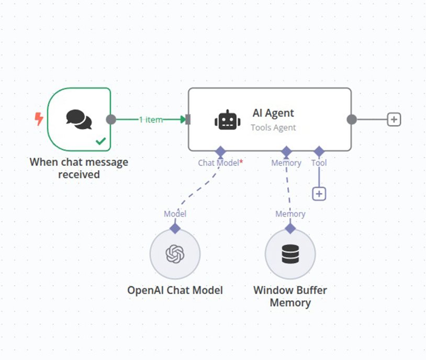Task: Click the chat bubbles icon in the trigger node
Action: point(79,119)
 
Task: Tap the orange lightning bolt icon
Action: point(39,119)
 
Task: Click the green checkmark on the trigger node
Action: point(101,141)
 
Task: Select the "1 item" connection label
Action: point(151,119)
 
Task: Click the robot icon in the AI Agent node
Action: point(228,120)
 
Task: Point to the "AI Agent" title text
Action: point(273,113)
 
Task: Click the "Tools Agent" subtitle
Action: point(273,127)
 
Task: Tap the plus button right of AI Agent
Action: point(394,119)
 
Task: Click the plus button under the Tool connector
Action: point(319,194)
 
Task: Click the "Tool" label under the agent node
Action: point(319,163)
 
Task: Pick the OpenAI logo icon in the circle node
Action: point(175,254)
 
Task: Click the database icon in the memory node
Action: point(289,254)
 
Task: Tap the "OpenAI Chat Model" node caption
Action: point(175,290)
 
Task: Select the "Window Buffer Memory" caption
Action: point(290,296)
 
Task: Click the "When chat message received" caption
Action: point(79,168)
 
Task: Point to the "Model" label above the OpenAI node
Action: point(175,213)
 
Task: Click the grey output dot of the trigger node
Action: point(111,119)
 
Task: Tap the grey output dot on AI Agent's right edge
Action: point(352,119)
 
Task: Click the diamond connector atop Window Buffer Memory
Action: point(290,229)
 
